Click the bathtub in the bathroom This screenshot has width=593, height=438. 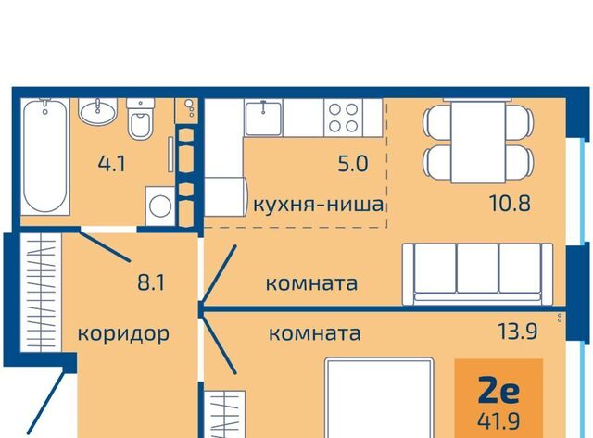click(45, 156)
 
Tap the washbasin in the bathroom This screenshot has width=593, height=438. click(97, 111)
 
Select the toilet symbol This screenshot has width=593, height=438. click(140, 119)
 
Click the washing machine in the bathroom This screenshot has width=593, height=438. click(160, 206)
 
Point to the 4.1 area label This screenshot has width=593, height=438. click(111, 164)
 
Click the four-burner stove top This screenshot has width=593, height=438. click(343, 118)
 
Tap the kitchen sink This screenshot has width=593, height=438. click(263, 119)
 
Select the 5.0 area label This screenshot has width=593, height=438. click(352, 164)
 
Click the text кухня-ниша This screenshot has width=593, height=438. click(319, 205)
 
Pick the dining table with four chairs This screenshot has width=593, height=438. click(478, 141)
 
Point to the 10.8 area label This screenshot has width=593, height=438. click(510, 203)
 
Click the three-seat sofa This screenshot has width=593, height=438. click(478, 274)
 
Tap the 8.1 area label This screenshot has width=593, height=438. click(151, 282)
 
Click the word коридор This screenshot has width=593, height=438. click(123, 334)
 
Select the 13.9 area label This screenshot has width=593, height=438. click(517, 332)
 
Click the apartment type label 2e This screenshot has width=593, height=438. click(498, 392)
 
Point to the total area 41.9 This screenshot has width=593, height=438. click(498, 420)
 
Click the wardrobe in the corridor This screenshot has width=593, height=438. click(41, 292)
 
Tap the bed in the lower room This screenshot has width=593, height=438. click(379, 398)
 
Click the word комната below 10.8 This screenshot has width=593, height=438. click(311, 283)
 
